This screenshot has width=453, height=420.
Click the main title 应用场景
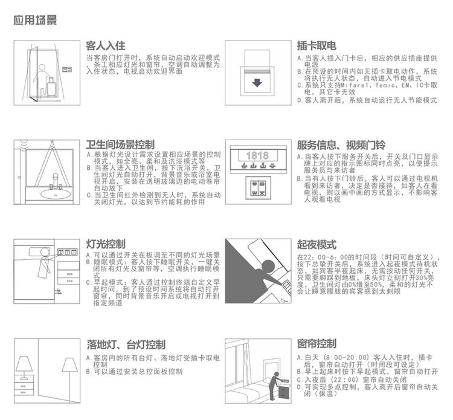(35, 20)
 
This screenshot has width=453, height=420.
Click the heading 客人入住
(106, 46)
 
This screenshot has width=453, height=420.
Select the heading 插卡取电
(316, 46)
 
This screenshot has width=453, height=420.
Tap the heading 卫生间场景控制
(120, 144)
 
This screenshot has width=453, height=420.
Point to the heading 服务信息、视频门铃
(341, 145)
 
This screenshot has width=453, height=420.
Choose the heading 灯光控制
(106, 244)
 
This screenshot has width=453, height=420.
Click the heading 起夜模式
(316, 245)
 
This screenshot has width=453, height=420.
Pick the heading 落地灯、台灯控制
(126, 344)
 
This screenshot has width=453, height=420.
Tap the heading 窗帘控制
(316, 344)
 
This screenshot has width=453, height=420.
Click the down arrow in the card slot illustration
(257, 83)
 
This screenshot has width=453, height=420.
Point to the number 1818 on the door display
(257, 156)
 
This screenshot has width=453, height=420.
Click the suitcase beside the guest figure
(51, 86)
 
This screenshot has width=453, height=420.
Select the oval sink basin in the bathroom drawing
(55, 194)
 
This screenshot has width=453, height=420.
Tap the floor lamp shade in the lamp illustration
(69, 365)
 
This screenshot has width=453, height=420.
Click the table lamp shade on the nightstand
(24, 364)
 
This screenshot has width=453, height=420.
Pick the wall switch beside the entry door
(66, 69)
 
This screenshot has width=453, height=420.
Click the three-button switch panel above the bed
(67, 252)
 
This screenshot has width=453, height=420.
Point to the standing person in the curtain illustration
(273, 386)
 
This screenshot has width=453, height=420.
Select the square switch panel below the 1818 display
(258, 188)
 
